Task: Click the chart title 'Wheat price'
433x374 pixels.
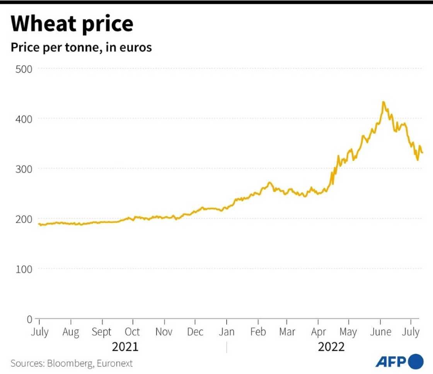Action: [x=72, y=24]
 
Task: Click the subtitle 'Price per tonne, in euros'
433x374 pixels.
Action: [x=81, y=48]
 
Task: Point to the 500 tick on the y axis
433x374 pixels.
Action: [x=24, y=69]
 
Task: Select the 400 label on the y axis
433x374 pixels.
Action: [x=24, y=118]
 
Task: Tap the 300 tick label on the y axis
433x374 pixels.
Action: [x=24, y=169]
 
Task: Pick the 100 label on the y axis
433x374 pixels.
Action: [x=24, y=269]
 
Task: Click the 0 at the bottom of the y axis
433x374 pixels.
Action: [x=29, y=319]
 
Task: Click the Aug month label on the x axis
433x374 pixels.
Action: [x=71, y=332]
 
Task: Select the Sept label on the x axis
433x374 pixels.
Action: [x=102, y=332]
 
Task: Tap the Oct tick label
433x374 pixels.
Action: [x=133, y=332]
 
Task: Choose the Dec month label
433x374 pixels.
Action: [x=195, y=332]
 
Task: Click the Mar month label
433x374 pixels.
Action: [x=287, y=332]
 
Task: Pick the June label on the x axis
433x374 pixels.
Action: [x=381, y=332]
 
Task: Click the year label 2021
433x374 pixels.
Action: [x=125, y=347]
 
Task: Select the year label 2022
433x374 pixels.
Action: [x=331, y=347]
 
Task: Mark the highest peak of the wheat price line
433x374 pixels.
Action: [x=383, y=102]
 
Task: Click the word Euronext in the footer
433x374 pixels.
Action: [x=114, y=363]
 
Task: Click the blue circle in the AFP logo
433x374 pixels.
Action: [x=416, y=361]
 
